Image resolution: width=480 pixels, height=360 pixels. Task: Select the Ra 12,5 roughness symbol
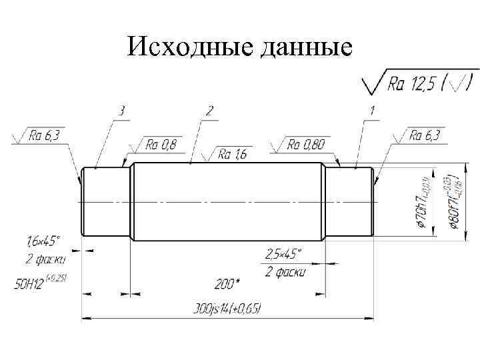pos(417,83)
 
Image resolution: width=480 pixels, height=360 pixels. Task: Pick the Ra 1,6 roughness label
pos(233,155)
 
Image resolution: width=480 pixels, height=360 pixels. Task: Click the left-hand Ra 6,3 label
pos(44,136)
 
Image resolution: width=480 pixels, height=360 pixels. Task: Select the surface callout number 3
pos(121,110)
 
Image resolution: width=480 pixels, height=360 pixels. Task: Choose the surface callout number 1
pos(371,110)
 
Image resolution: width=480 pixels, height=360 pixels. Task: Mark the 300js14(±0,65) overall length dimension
pos(227,308)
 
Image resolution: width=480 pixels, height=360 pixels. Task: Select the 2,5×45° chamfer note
pos(284,255)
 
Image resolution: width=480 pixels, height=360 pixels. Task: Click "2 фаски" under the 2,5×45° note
pos(285,271)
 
